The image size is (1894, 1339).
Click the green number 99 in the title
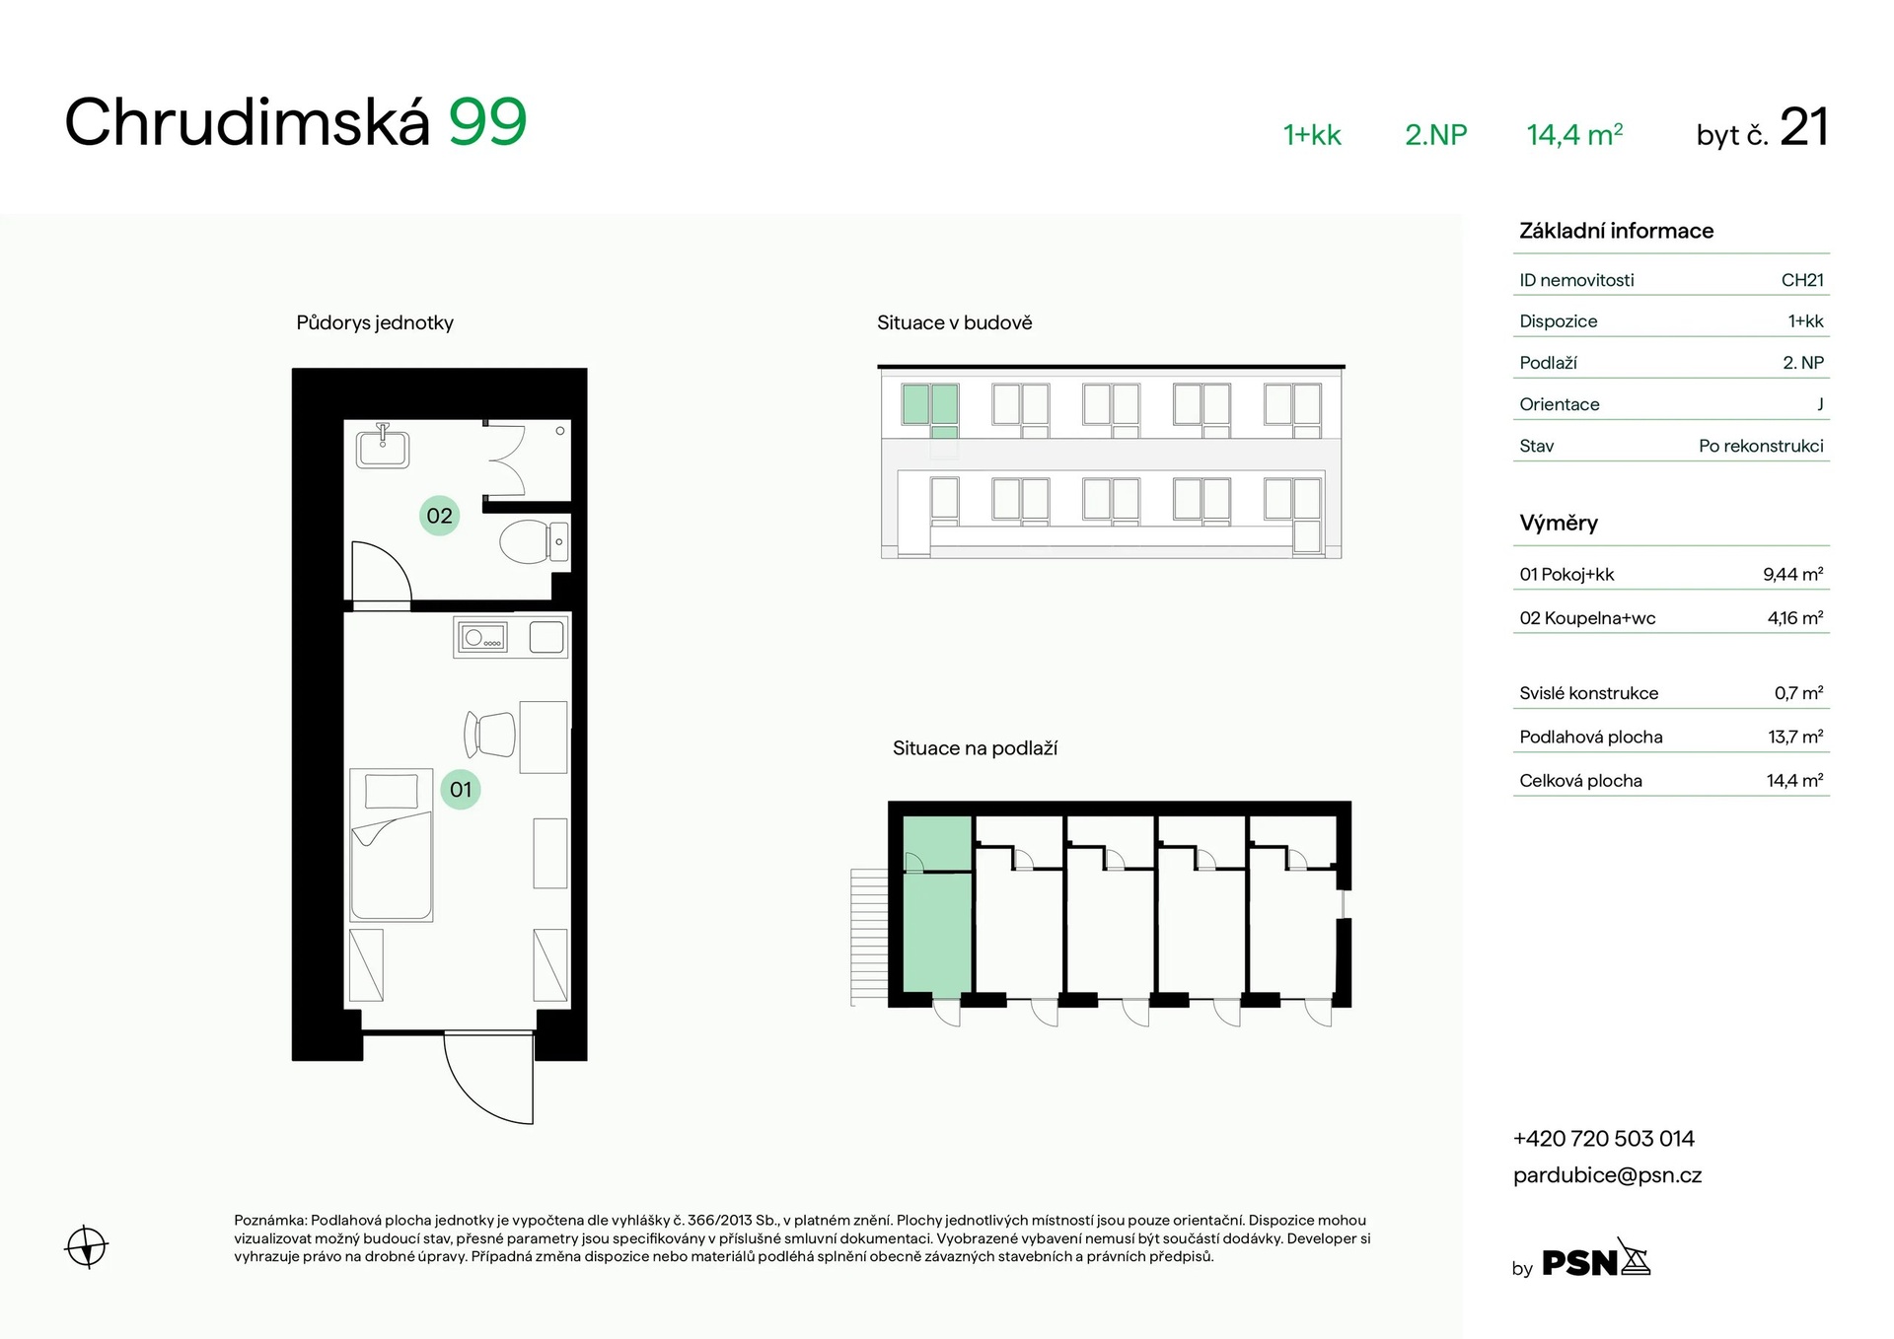coord(488,122)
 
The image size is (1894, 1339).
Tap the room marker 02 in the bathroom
coord(440,516)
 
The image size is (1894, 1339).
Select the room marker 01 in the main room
coord(461,790)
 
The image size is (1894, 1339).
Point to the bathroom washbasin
coord(383,446)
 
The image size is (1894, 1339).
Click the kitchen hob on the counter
coord(481,638)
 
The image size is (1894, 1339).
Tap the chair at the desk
coord(490,734)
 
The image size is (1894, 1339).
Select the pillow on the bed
coord(392,791)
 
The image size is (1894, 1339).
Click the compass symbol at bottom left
coord(87,1246)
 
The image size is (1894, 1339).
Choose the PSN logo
coord(1595,1259)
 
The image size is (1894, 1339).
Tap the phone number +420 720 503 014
coord(1604,1139)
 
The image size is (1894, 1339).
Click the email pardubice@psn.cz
coord(1608,1175)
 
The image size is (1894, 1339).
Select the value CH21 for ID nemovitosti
coord(1802,280)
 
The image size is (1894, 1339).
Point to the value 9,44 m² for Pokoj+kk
coord(1793,574)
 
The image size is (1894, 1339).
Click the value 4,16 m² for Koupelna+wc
coord(1795,618)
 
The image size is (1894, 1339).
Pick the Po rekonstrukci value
coord(1761,446)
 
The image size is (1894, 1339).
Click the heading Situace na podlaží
coord(975,748)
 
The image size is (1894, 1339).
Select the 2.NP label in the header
coord(1436,135)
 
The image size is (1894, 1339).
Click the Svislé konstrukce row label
coord(1589,693)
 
